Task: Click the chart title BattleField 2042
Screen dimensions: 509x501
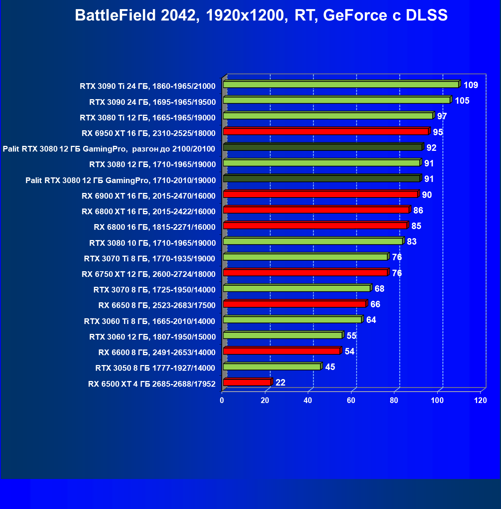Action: (261, 16)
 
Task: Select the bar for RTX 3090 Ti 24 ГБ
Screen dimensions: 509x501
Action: (341, 84)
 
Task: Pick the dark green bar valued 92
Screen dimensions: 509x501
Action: (323, 147)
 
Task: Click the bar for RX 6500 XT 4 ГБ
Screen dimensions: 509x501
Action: (247, 382)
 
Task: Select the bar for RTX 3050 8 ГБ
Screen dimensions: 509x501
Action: (272, 367)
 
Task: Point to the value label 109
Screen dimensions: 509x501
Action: (471, 85)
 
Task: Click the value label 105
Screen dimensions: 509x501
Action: (462, 101)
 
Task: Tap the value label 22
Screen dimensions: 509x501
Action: (280, 383)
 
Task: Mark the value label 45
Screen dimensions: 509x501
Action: (330, 367)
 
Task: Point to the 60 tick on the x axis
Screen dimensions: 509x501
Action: (351, 400)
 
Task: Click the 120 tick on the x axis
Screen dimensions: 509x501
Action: (481, 400)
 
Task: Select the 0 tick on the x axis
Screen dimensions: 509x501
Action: (222, 400)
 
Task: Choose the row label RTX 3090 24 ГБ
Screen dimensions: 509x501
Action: (152, 102)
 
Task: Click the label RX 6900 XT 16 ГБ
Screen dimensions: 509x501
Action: (148, 196)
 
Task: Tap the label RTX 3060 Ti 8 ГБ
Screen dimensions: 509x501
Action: (150, 321)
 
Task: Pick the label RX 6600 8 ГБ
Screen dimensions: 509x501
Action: (157, 353)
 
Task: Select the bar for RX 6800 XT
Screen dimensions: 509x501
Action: (316, 210)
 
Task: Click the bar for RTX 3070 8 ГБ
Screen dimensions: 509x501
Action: (296, 288)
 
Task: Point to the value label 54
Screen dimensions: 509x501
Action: (349, 351)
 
